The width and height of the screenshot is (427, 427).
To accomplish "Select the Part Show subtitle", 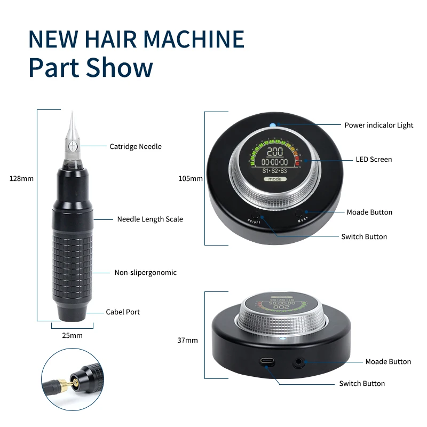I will click(x=90, y=68).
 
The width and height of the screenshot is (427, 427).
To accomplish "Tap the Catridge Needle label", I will click(x=135, y=146).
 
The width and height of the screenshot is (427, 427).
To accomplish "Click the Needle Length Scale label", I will click(x=149, y=219).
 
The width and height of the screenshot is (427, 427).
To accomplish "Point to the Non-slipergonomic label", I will click(x=145, y=272).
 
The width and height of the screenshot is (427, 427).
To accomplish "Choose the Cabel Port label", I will click(x=124, y=312).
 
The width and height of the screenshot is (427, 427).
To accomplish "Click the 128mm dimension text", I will click(x=21, y=178).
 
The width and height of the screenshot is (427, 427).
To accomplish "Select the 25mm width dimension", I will click(x=73, y=335).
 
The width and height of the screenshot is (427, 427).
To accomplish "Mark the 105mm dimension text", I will click(x=191, y=178).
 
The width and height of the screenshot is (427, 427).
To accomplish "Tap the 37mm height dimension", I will click(x=188, y=340).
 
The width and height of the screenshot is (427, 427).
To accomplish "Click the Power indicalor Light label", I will click(x=378, y=125).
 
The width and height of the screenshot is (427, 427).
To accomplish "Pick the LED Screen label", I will click(x=374, y=159).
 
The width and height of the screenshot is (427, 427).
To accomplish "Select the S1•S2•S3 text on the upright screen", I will click(x=275, y=170).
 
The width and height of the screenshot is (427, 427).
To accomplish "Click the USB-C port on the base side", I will click(x=268, y=361).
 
